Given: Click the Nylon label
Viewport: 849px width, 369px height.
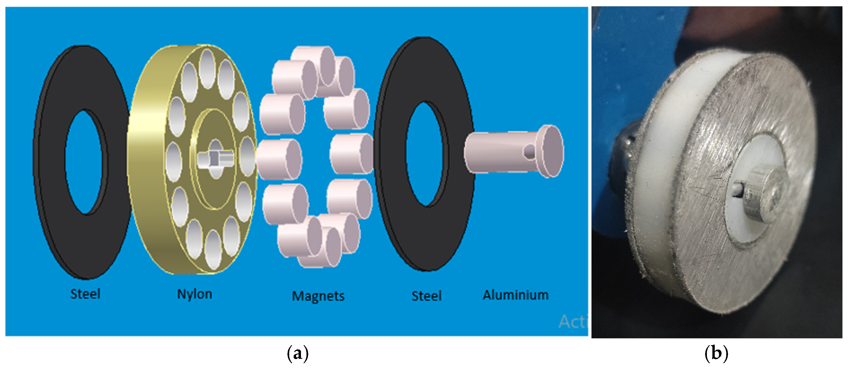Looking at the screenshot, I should (194, 294).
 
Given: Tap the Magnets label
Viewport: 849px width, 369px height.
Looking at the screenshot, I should (318, 296).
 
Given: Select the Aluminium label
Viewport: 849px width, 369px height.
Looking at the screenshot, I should (516, 295).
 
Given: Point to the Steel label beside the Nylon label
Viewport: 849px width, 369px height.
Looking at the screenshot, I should (85, 294).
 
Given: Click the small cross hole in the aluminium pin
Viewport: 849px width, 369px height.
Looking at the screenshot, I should (529, 151).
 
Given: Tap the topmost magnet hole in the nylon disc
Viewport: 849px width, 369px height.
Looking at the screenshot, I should (207, 69).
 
